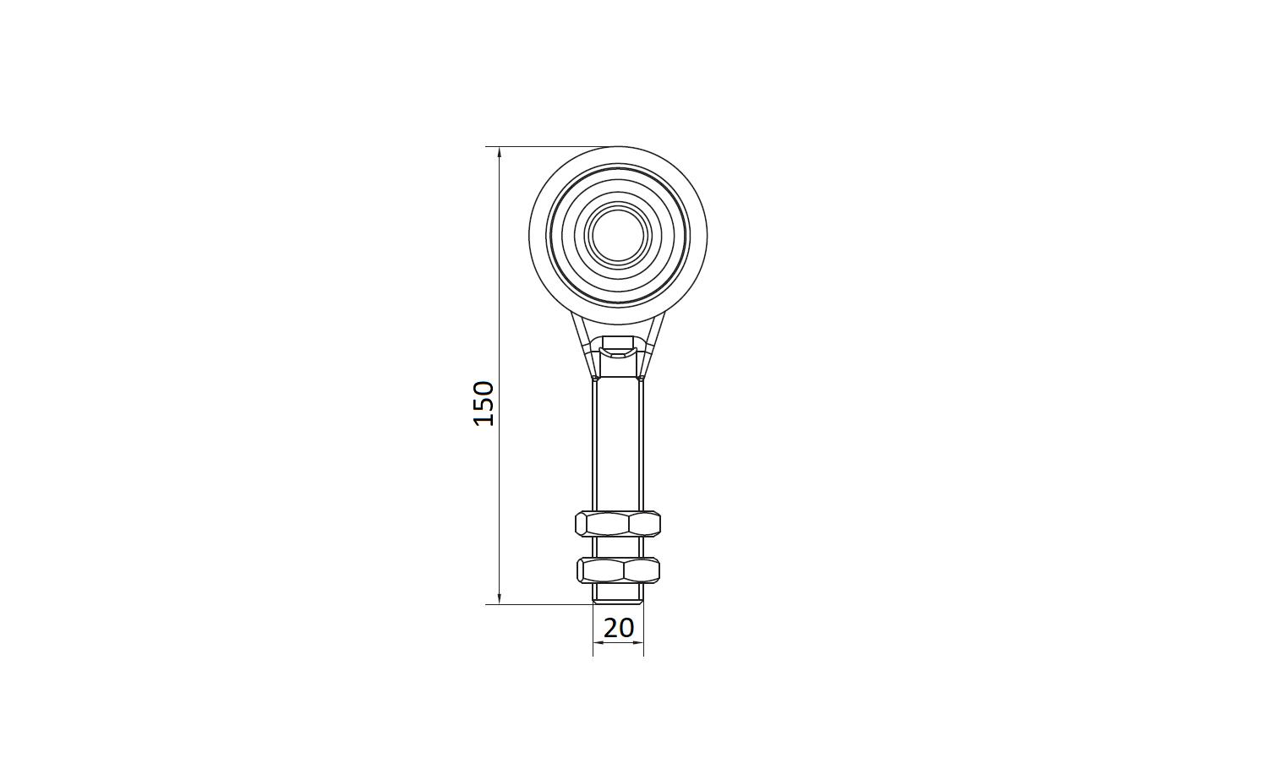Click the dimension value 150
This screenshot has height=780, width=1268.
(x=484, y=404)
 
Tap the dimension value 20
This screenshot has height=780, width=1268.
(x=619, y=628)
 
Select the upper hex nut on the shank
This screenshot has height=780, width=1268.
(x=618, y=523)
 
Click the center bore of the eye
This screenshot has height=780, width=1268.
(x=618, y=233)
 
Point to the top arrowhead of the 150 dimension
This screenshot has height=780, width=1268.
(x=500, y=153)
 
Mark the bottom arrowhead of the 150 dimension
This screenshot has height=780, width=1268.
(x=500, y=597)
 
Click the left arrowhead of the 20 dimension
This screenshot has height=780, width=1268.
(x=599, y=642)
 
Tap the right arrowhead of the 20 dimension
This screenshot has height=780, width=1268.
(x=637, y=642)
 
